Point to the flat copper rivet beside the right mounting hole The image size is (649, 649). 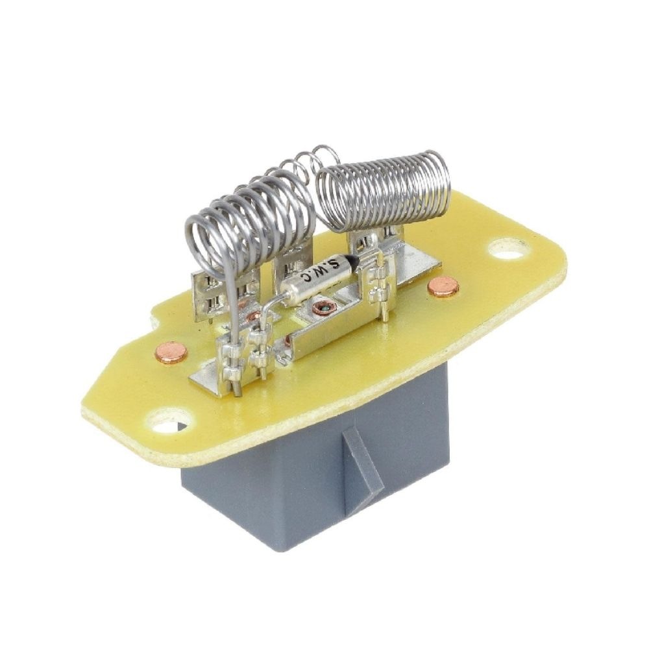click(x=443, y=288)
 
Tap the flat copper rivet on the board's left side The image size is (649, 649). click(x=171, y=352)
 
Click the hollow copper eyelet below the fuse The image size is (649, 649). click(x=322, y=308)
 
